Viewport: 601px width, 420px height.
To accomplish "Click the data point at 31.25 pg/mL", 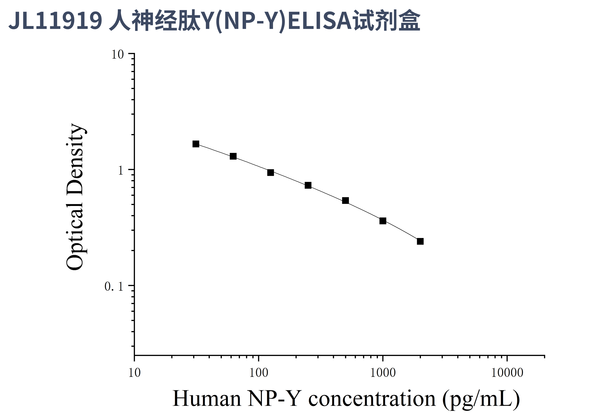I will [x=196, y=144].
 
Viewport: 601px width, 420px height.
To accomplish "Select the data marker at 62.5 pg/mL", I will [x=233, y=156].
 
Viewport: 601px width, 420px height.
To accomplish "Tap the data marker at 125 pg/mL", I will [x=270, y=172].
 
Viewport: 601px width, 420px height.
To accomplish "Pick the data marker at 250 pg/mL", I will [x=308, y=185].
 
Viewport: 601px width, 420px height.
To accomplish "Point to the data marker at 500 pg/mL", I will [x=345, y=200].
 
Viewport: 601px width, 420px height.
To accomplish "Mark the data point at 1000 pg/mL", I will [x=383, y=221].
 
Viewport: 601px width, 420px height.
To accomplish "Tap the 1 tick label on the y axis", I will [x=120, y=171].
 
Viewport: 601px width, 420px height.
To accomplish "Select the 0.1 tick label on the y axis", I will [x=114, y=286].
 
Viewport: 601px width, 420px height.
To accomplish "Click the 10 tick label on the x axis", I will [x=135, y=373].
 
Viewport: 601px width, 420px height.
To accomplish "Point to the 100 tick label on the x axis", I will [x=259, y=373].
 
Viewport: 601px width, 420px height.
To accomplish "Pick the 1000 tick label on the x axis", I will [x=383, y=373].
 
